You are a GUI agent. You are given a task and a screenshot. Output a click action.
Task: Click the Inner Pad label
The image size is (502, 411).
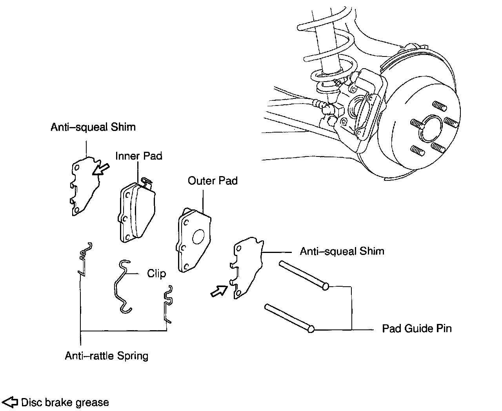138,156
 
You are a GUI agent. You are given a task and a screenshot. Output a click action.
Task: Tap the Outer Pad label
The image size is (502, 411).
213,181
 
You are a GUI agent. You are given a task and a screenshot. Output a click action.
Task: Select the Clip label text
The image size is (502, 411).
156,273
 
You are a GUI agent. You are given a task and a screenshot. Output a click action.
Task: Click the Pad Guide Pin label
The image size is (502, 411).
417,328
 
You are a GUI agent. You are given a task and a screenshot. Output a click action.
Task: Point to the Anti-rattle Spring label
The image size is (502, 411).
107,356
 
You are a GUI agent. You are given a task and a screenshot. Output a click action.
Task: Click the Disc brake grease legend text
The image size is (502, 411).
65,402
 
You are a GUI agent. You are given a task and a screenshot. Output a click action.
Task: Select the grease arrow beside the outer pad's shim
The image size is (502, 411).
219,291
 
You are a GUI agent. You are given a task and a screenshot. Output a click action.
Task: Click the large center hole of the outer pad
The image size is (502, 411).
198,236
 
